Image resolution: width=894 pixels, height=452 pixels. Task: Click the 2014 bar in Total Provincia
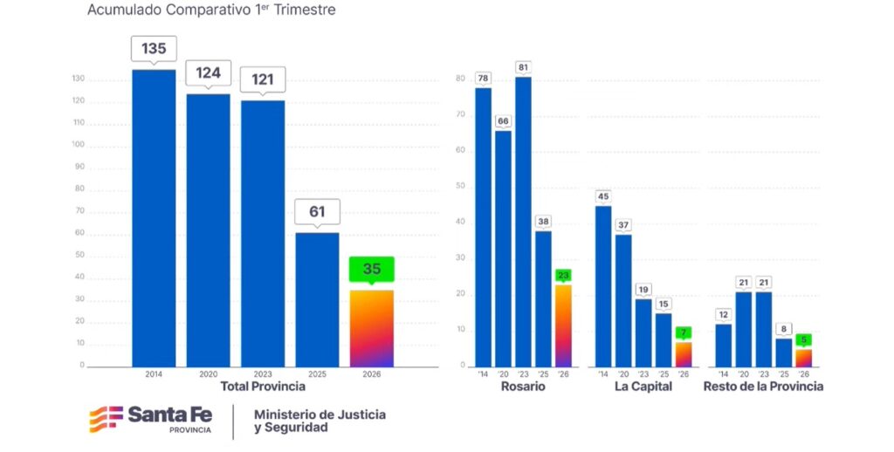click(x=154, y=218)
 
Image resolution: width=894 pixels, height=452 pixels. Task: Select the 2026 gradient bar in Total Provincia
click(x=372, y=328)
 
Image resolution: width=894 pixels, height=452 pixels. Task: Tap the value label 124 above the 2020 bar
click(x=208, y=73)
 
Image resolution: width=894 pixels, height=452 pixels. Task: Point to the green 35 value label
click(x=372, y=269)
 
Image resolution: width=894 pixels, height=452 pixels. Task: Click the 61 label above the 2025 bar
click(x=317, y=211)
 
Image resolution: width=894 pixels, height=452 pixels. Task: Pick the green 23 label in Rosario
click(x=563, y=276)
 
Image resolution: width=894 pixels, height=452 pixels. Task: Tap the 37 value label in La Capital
click(x=623, y=225)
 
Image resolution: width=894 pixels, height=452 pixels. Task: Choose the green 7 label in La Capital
click(x=683, y=332)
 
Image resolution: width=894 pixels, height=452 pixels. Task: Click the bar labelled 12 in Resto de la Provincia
click(x=723, y=345)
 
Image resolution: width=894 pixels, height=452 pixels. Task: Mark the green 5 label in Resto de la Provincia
click(x=803, y=340)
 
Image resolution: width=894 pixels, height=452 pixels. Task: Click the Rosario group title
click(x=523, y=387)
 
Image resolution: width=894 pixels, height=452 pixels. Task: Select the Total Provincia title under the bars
click(x=263, y=387)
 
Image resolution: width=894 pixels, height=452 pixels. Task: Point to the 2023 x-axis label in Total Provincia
click(x=263, y=373)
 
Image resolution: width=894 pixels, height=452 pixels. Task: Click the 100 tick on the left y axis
click(x=79, y=145)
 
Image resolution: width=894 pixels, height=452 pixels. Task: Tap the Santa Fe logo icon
click(x=105, y=419)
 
